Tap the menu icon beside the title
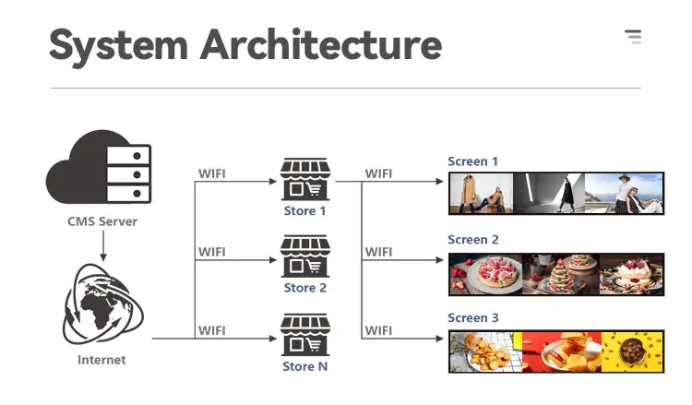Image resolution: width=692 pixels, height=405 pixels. [633, 37]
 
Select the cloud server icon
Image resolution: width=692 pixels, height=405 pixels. [98, 172]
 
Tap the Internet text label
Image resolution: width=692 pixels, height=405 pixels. [101, 359]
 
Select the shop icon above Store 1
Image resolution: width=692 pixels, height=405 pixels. [304, 179]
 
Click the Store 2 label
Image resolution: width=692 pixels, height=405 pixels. [304, 288]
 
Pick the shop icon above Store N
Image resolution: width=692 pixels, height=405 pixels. [304, 336]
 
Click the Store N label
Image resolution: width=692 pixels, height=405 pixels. [304, 366]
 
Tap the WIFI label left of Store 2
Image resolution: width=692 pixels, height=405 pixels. [212, 252]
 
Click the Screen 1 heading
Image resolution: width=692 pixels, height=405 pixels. [473, 161]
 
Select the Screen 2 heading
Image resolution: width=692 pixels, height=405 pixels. [473, 240]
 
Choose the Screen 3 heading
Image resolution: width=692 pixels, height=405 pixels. [473, 318]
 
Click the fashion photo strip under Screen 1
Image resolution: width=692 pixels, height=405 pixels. [556, 193]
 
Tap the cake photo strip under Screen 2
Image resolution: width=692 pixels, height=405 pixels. [556, 273]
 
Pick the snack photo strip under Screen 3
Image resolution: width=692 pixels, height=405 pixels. [556, 351]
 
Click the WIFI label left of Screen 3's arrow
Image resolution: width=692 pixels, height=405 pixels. [378, 330]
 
